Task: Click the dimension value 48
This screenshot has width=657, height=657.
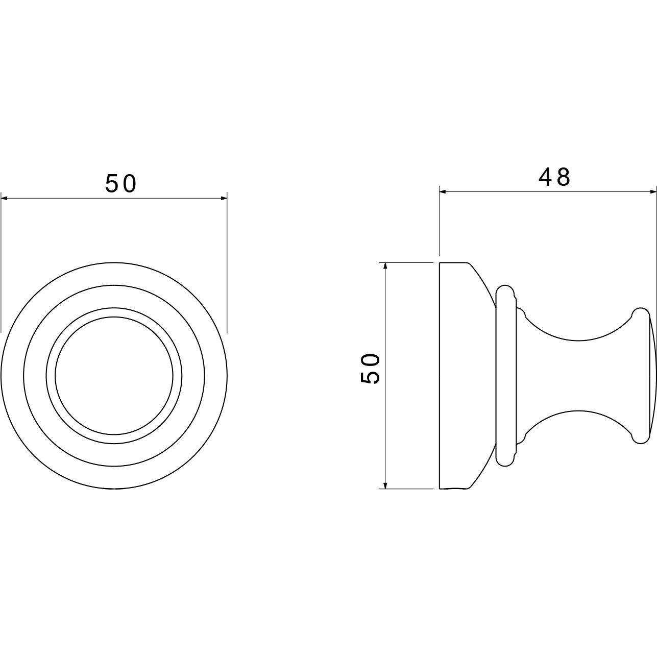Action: coord(554,177)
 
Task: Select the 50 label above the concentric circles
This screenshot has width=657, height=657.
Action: coord(120,183)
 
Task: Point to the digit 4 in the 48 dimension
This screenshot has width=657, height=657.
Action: coord(546,177)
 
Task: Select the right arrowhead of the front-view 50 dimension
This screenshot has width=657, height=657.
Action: coord(224,198)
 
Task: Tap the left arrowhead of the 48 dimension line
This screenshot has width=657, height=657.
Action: coord(443,192)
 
